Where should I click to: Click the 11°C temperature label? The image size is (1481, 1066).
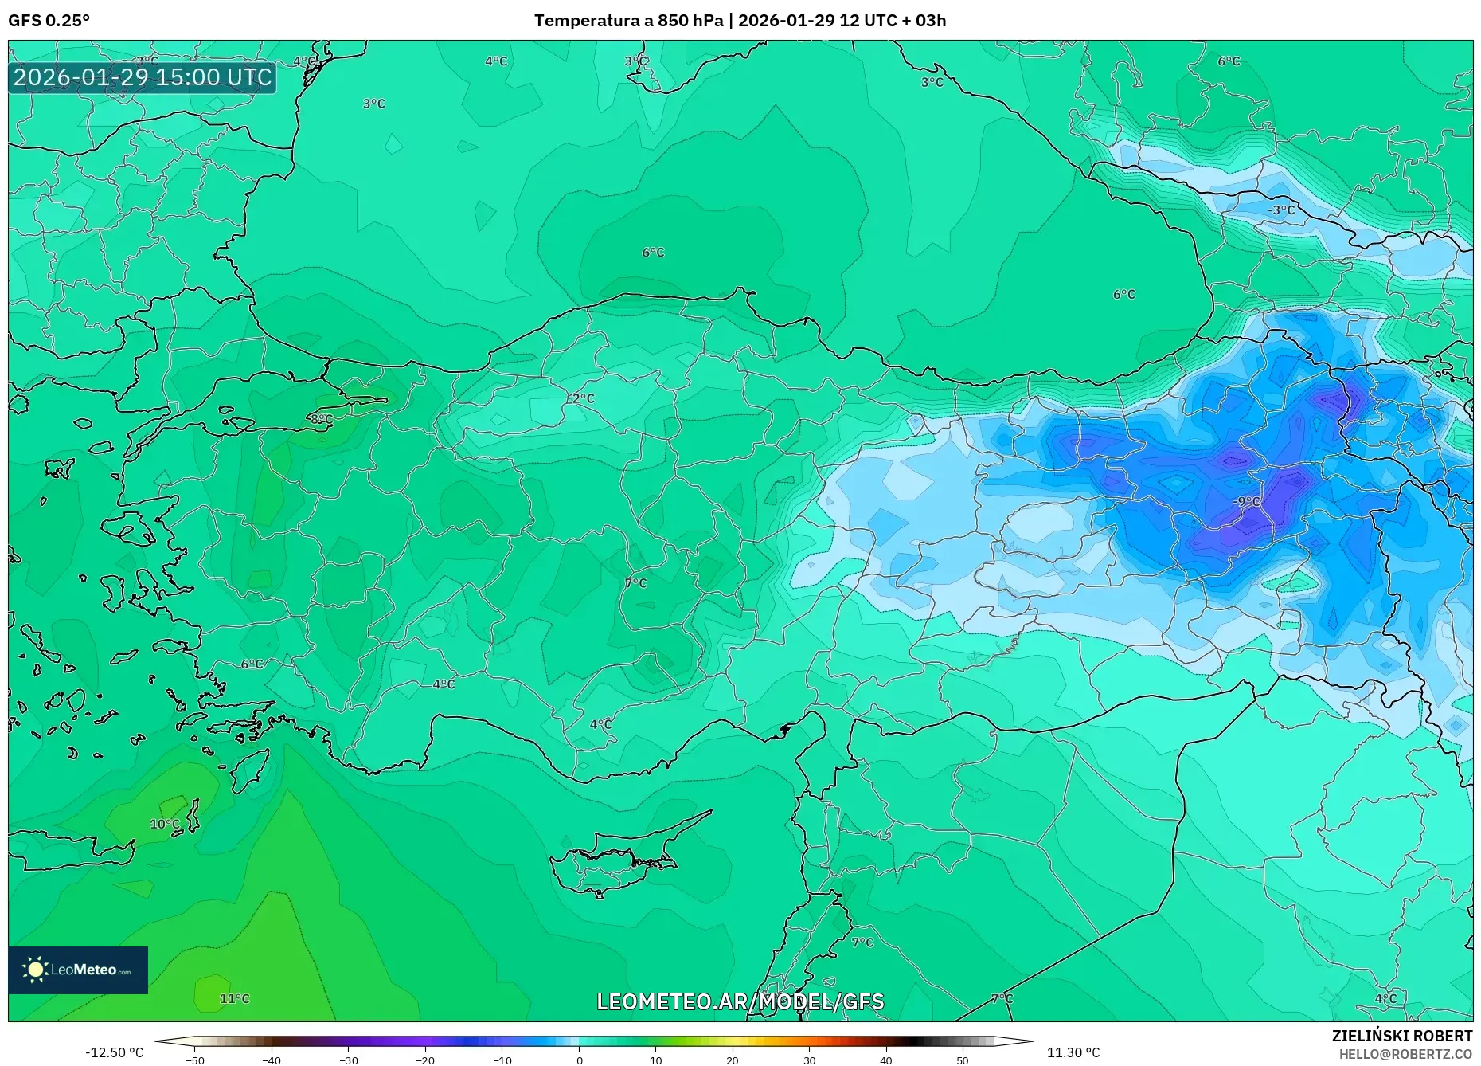point(234,998)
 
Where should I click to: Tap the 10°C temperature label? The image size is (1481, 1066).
point(165,824)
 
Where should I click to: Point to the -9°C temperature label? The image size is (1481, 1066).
point(1246,501)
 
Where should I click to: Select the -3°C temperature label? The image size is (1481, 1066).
point(1281,210)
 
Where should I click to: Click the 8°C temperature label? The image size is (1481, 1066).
point(321,419)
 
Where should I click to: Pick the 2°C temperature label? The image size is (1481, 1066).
point(583,398)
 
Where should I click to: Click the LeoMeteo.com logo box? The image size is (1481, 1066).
point(78,970)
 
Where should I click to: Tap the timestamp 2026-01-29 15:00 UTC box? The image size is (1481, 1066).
point(143,77)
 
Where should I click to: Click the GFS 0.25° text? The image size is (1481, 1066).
point(49,21)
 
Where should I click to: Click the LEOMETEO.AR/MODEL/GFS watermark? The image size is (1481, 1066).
point(740,1001)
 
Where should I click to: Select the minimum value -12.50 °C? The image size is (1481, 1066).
point(115,1052)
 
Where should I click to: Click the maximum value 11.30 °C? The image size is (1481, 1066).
point(1073,1052)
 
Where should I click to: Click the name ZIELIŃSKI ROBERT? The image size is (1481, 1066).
point(1401,1036)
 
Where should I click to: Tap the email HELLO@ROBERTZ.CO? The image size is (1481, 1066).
point(1405,1054)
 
